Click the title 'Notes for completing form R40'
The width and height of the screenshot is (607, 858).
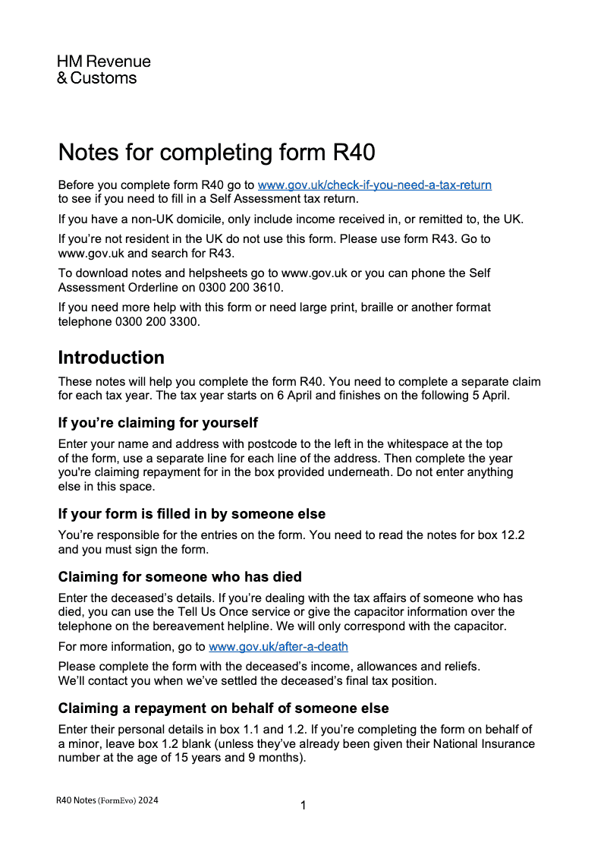tap(216, 152)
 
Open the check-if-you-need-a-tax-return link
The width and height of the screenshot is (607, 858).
tap(374, 185)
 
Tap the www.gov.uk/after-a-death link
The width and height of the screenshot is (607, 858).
tap(278, 647)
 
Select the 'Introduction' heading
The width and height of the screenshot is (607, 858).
tap(111, 358)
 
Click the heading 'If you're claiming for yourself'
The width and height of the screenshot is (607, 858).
tap(158, 423)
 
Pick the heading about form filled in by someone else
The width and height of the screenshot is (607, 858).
tap(191, 514)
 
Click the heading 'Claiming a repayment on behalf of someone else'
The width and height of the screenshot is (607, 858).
tap(223, 708)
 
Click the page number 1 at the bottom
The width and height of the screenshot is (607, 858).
tap(303, 806)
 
